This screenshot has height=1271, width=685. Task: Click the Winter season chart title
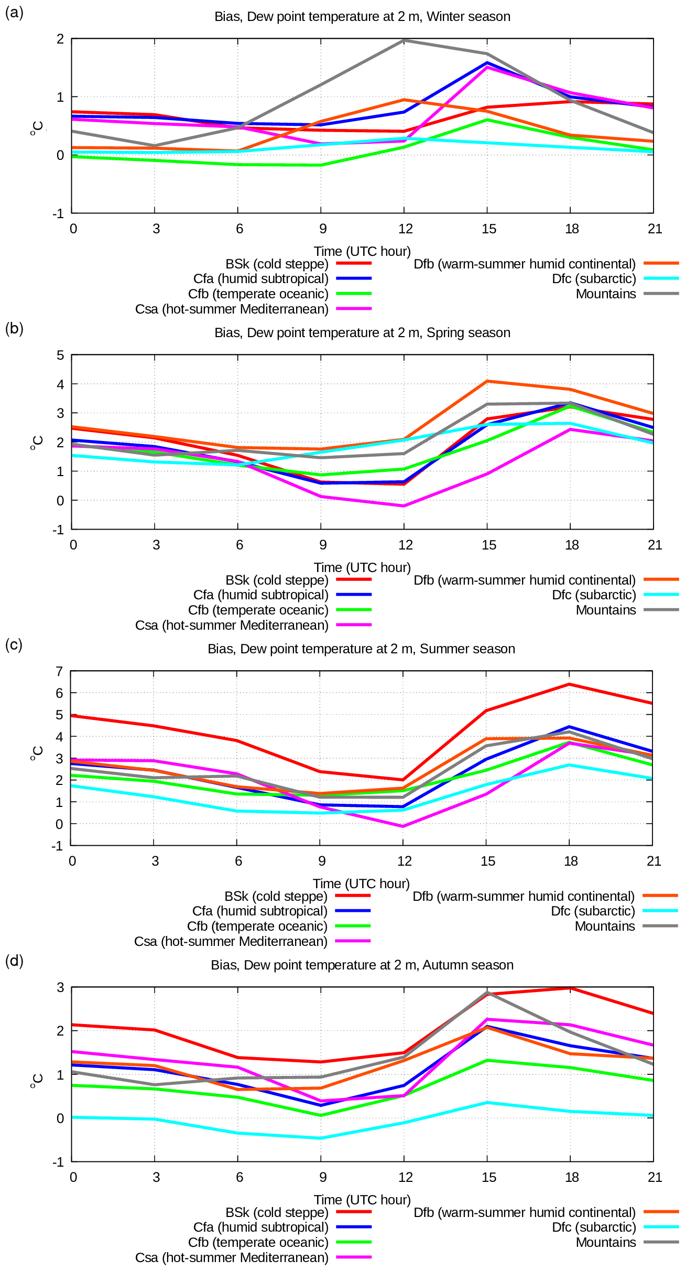coord(362,17)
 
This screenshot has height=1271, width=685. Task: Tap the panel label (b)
coord(14,328)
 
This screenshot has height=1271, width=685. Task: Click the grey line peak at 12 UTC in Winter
coord(404,40)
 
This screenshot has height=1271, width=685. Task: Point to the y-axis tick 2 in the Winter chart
coord(61,39)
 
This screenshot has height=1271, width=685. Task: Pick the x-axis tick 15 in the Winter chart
coord(488,229)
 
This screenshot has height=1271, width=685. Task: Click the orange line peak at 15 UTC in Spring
coord(487,381)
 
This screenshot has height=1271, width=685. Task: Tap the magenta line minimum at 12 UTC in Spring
coord(404,506)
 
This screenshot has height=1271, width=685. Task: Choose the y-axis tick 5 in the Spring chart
coord(61,356)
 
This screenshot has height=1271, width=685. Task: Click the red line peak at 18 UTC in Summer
coord(569,684)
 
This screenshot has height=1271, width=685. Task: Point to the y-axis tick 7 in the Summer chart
coord(60,672)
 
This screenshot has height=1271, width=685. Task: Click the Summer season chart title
coord(361,649)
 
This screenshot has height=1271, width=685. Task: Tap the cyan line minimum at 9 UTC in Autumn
coord(321,1138)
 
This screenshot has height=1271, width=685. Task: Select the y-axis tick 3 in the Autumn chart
coord(61,988)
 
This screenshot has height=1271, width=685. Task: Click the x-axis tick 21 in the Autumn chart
coord(655,1177)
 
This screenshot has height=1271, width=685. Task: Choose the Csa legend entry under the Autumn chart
coord(232,1258)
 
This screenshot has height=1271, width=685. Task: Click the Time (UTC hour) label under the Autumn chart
coord(362,1200)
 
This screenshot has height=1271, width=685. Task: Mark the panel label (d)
coord(14,961)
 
